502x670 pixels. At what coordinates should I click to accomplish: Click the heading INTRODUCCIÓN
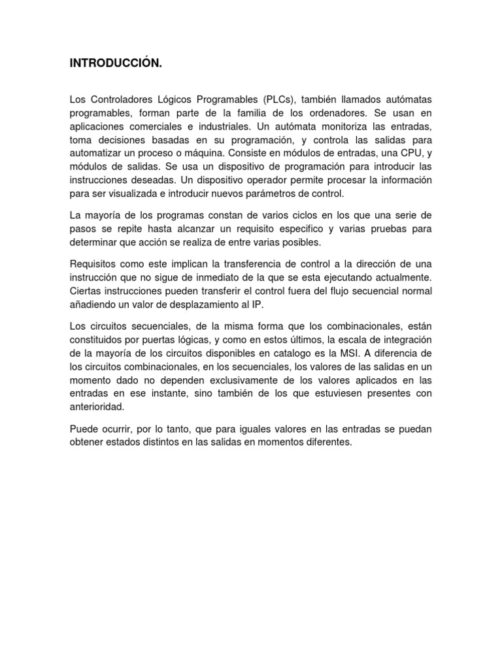pyautogui.click(x=115, y=63)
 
